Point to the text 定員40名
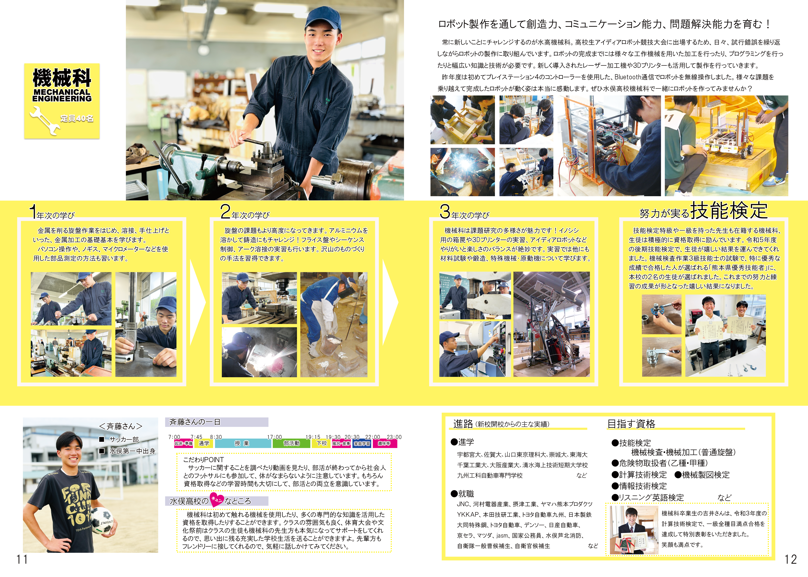(x=77, y=118)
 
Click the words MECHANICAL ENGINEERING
(x=62, y=95)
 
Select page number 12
(x=791, y=560)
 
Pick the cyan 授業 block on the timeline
(x=243, y=443)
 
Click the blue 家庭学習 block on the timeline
(x=362, y=443)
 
